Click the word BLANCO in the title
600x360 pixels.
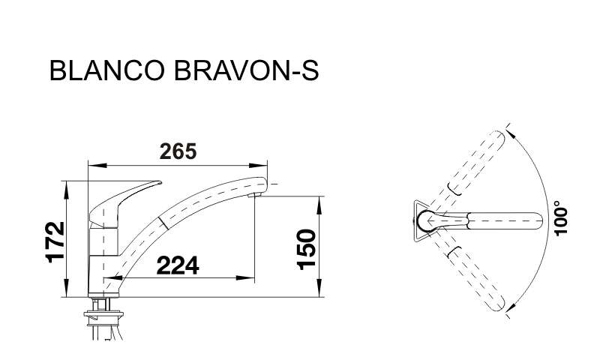tap(107, 70)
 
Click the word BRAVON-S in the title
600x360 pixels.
tap(246, 70)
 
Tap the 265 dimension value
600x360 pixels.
tap(178, 151)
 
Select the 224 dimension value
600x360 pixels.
tap(178, 265)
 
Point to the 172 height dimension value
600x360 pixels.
tap(55, 241)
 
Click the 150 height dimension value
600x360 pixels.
tap(307, 250)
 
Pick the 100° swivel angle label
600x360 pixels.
tap(560, 218)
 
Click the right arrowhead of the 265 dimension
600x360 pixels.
tap(258, 165)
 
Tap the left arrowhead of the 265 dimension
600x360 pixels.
tap(97, 165)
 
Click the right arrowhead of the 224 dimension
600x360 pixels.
tap(246, 277)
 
